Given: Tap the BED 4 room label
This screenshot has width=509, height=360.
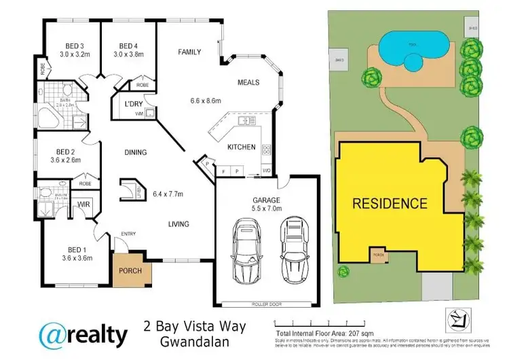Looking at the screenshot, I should click(129, 46).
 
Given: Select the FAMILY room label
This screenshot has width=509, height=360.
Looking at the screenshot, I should click(189, 52).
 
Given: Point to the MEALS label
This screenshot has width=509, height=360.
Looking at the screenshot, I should click(248, 82).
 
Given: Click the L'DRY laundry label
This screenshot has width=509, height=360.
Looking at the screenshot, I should click(132, 104).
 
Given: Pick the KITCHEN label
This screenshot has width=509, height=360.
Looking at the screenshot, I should click(242, 147).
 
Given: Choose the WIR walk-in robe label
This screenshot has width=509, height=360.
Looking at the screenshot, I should click(85, 203).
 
